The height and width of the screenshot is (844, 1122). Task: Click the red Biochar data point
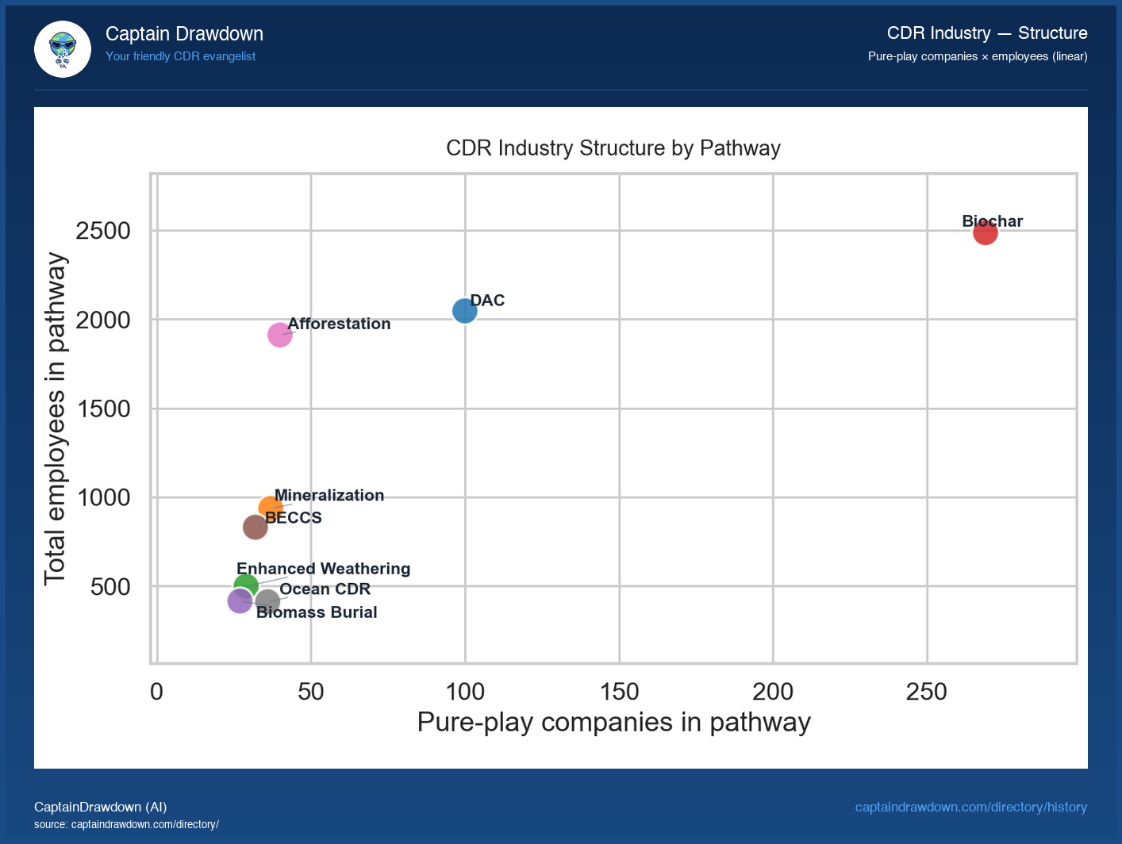coord(985,232)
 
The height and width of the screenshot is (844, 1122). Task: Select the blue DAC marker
coord(465,310)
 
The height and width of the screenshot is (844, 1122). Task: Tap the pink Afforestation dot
coord(279,335)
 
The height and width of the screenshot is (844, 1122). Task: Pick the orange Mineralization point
coord(270,508)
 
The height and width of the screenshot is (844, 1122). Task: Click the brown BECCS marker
coord(255,527)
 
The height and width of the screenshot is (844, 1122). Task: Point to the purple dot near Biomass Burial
coord(239,601)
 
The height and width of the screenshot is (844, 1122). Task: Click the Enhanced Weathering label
coord(323,569)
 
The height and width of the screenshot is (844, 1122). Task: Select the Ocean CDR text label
coord(325,589)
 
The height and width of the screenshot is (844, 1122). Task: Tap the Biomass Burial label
coord(317,612)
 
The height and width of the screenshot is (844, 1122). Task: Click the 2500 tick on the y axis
coord(102,231)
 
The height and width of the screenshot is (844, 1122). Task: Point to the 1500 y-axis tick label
coord(102,409)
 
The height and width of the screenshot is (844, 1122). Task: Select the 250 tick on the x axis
coord(926,692)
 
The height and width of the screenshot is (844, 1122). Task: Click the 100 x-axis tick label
coord(465,692)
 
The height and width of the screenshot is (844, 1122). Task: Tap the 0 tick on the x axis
coord(156,692)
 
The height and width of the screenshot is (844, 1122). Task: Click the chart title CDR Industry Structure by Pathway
coord(613,148)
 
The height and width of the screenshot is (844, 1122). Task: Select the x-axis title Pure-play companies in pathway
coord(613,723)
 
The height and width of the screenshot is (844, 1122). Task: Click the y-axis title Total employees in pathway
coord(55,419)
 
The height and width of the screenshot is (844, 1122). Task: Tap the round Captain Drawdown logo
coord(63,49)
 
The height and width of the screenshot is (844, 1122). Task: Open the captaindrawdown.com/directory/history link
coord(970,807)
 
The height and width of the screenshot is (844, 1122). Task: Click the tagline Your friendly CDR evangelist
coord(180,56)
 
